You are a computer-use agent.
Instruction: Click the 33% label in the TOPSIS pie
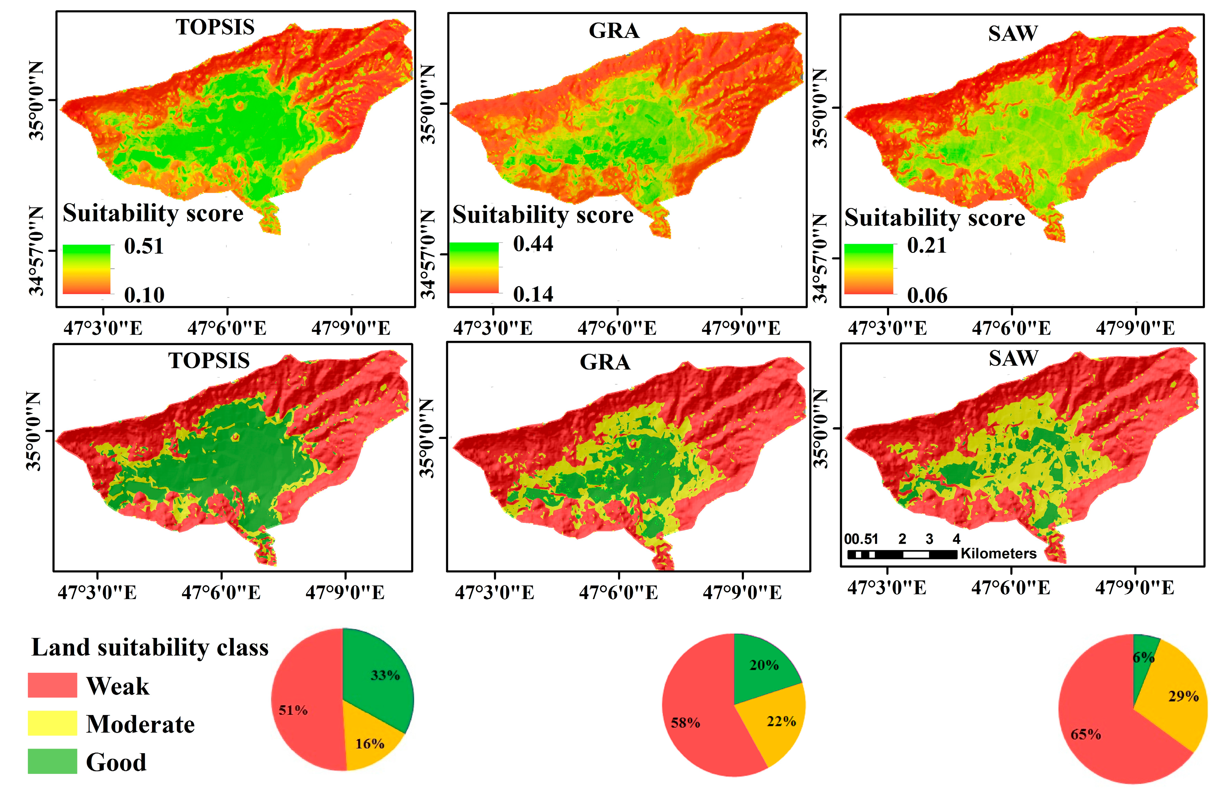pyautogui.click(x=385, y=675)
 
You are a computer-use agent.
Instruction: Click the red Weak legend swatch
pyautogui.click(x=52, y=685)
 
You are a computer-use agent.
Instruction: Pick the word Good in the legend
pyautogui.click(x=116, y=762)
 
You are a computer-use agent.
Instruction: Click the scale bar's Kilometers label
pyautogui.click(x=998, y=553)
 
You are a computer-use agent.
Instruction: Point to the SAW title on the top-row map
pyautogui.click(x=1013, y=33)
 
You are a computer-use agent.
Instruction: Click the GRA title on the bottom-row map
pyautogui.click(x=605, y=362)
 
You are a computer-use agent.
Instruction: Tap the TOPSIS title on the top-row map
pyautogui.click(x=215, y=27)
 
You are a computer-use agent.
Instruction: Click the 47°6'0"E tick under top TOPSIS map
pyautogui.click(x=227, y=327)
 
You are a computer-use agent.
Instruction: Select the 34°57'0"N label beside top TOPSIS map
pyautogui.click(x=36, y=251)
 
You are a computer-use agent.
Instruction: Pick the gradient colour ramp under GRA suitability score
pyautogui.click(x=474, y=268)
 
